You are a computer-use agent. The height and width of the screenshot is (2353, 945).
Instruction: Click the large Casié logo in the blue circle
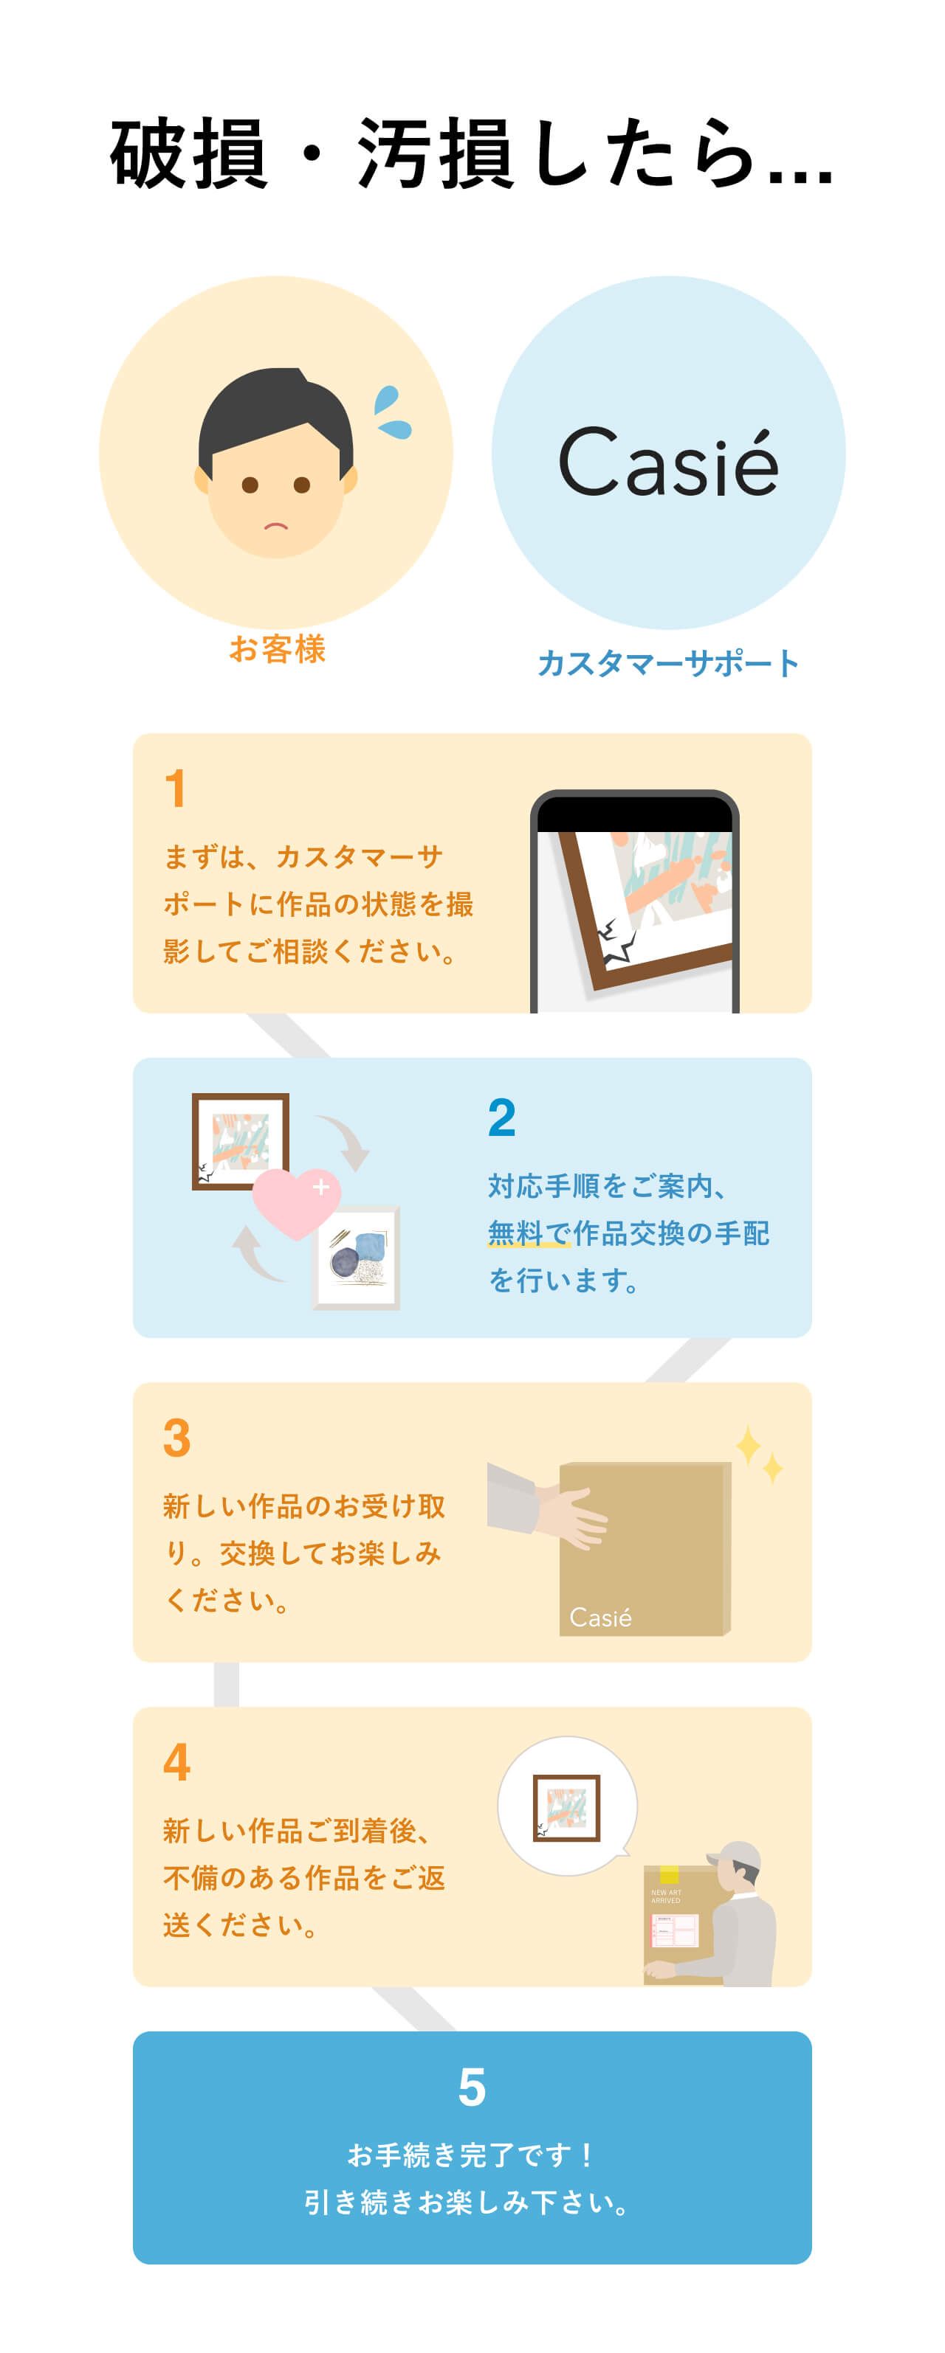point(668,462)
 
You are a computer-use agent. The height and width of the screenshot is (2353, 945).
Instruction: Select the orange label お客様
point(277,649)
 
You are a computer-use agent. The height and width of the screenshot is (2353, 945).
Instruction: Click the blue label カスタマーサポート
point(668,663)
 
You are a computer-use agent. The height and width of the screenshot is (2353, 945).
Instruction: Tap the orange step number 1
point(176,789)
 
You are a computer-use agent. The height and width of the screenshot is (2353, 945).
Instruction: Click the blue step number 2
point(502,1117)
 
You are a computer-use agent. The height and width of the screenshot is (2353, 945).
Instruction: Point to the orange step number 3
point(177,1438)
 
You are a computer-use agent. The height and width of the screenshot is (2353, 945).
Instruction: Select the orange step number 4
point(177,1763)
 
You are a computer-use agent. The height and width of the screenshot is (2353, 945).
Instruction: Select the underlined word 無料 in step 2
point(515,1233)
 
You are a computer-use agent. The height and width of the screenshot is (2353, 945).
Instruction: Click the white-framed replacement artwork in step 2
point(357,1258)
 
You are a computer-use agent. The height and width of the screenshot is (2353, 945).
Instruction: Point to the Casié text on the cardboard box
point(600,1618)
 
